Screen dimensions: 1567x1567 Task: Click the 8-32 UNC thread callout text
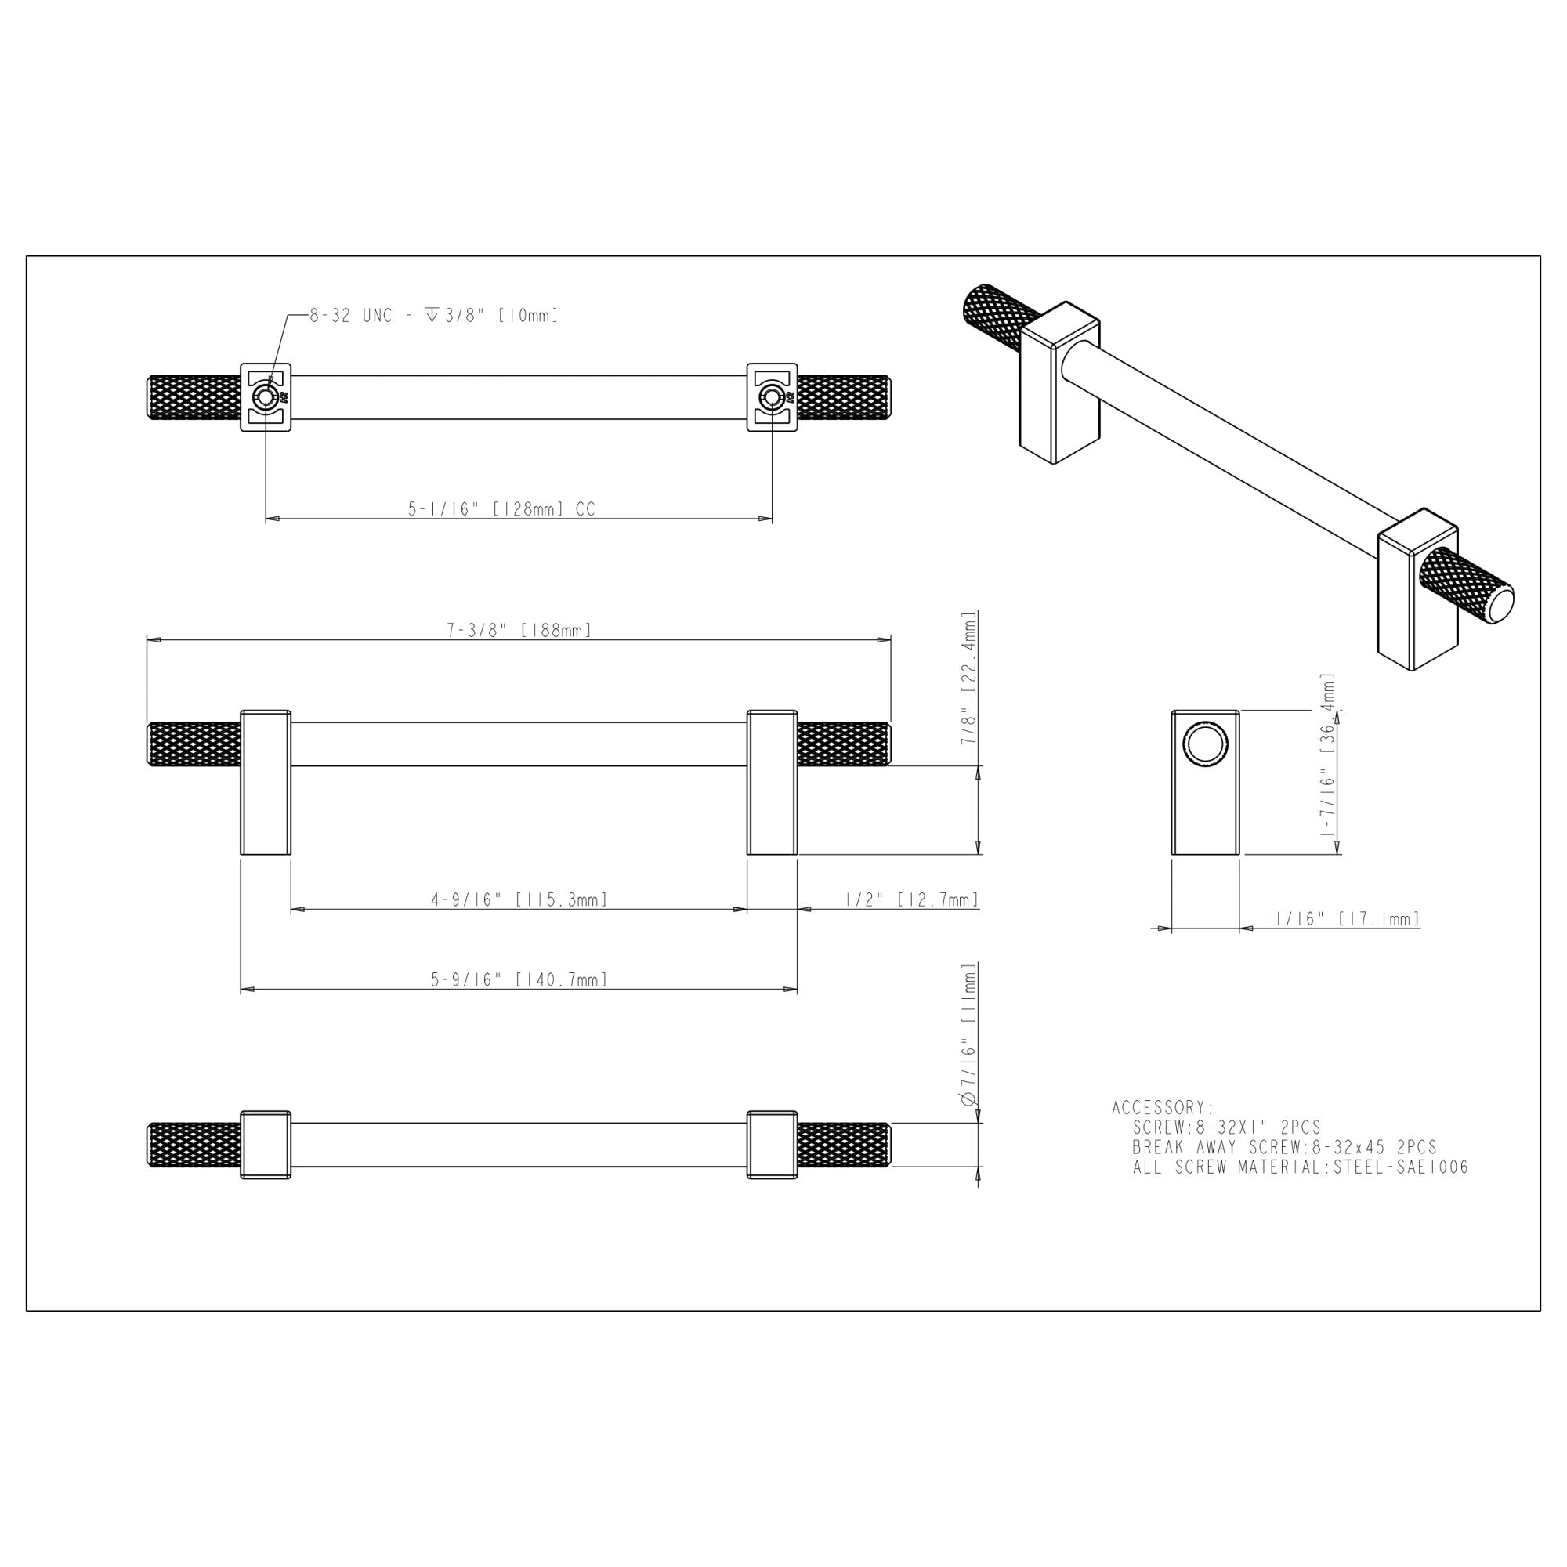click(x=434, y=317)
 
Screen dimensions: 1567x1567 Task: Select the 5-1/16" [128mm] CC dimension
click(x=501, y=509)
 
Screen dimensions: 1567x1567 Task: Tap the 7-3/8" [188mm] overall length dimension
click(x=519, y=630)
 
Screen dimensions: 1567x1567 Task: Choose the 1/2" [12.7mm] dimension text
click(x=912, y=899)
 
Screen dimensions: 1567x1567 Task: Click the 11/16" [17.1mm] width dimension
click(x=1343, y=919)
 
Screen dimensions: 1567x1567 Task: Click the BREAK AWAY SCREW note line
click(x=1285, y=1148)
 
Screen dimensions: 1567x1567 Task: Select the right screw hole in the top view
click(x=770, y=397)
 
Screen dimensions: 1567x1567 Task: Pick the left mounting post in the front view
click(x=266, y=783)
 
